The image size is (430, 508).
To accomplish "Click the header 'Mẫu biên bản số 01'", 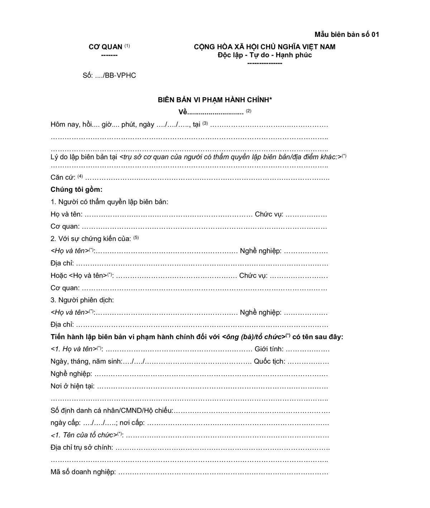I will click(x=347, y=34).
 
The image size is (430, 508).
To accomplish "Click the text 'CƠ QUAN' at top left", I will click(x=105, y=47).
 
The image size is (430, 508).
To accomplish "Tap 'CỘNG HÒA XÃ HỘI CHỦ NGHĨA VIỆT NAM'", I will click(x=264, y=47).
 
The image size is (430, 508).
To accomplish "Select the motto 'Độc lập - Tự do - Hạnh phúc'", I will click(x=264, y=55).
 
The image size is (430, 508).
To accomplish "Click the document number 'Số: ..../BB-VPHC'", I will click(x=109, y=75).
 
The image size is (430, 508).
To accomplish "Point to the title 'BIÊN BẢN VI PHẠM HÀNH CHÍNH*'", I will click(x=215, y=100).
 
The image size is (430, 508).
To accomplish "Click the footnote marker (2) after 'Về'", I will click(x=249, y=111).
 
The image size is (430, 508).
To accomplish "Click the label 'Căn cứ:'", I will click(x=63, y=177).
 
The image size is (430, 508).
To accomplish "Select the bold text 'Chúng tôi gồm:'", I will click(x=77, y=190).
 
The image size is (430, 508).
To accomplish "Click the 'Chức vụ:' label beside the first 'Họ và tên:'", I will click(x=269, y=214).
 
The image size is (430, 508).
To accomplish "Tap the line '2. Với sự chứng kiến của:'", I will click(x=91, y=239).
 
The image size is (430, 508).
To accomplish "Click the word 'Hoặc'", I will click(x=59, y=275).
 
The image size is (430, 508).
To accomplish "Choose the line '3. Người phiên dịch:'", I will click(x=82, y=300).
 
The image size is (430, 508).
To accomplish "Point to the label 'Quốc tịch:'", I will click(x=269, y=361).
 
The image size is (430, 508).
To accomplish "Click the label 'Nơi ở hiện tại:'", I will click(x=73, y=386).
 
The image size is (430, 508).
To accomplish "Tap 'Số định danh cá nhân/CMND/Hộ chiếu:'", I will click(x=112, y=411).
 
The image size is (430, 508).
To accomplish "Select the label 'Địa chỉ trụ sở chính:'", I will click(x=82, y=447).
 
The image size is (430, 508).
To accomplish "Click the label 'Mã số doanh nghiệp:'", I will click(x=83, y=472).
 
